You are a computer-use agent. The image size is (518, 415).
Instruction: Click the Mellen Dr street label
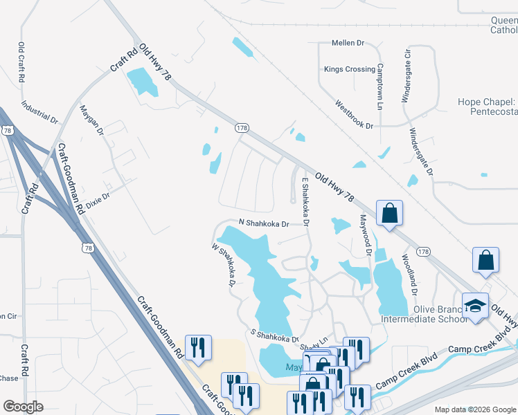coord(348,43)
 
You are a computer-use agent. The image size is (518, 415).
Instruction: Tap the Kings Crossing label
coord(349,69)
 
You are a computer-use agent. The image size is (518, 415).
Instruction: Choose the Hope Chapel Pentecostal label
coord(488,107)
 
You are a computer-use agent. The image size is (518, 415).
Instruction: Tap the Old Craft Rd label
coord(21,64)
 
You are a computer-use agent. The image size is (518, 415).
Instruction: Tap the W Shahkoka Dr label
coord(224,264)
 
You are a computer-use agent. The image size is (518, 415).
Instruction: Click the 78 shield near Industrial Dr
coord(8,130)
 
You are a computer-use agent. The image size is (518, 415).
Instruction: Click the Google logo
coord(23,407)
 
